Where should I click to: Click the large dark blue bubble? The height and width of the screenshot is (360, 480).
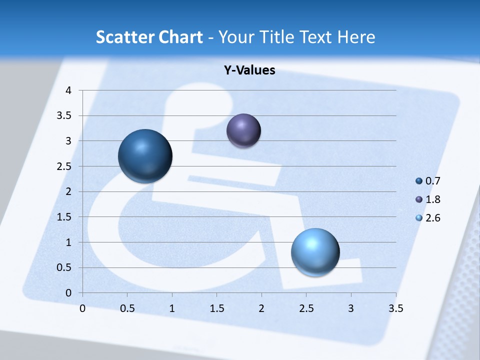(x=145, y=156)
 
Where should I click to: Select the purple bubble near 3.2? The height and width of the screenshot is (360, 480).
(x=243, y=131)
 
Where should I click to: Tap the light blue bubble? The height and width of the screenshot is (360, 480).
(x=315, y=252)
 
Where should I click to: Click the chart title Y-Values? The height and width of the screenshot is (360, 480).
(x=249, y=70)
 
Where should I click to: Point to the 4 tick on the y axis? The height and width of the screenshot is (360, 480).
(x=68, y=90)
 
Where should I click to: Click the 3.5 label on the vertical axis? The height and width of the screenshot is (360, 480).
(x=65, y=116)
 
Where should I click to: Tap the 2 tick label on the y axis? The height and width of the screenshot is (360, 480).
(x=68, y=191)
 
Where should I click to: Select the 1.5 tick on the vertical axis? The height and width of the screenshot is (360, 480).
(x=65, y=217)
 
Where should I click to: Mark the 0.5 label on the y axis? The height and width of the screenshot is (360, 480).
(x=65, y=267)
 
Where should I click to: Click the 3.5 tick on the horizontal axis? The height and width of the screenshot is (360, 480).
(x=395, y=308)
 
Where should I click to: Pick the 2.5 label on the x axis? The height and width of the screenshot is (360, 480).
(x=306, y=308)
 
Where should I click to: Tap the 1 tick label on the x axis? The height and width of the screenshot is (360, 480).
(x=172, y=308)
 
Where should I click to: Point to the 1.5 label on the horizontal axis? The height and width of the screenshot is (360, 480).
(x=216, y=308)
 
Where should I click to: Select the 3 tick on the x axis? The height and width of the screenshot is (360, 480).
(x=351, y=308)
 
